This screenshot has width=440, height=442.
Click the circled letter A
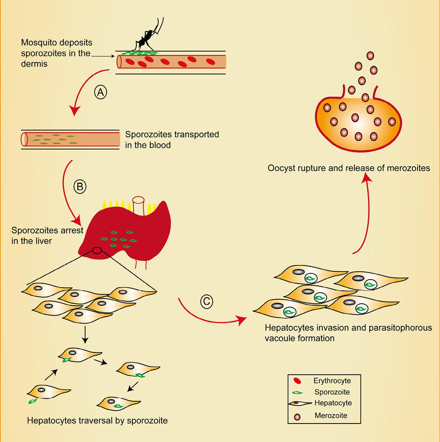(101, 92)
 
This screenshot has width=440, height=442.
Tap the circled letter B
(80, 187)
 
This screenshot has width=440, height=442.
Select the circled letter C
(206, 301)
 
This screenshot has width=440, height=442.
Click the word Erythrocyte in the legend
(332, 381)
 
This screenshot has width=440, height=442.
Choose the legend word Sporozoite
(331, 392)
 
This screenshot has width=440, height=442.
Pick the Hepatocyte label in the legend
(333, 403)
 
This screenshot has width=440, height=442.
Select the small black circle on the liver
(97, 250)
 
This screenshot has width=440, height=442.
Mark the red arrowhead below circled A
(74, 110)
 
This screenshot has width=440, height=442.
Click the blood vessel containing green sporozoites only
(71, 139)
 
